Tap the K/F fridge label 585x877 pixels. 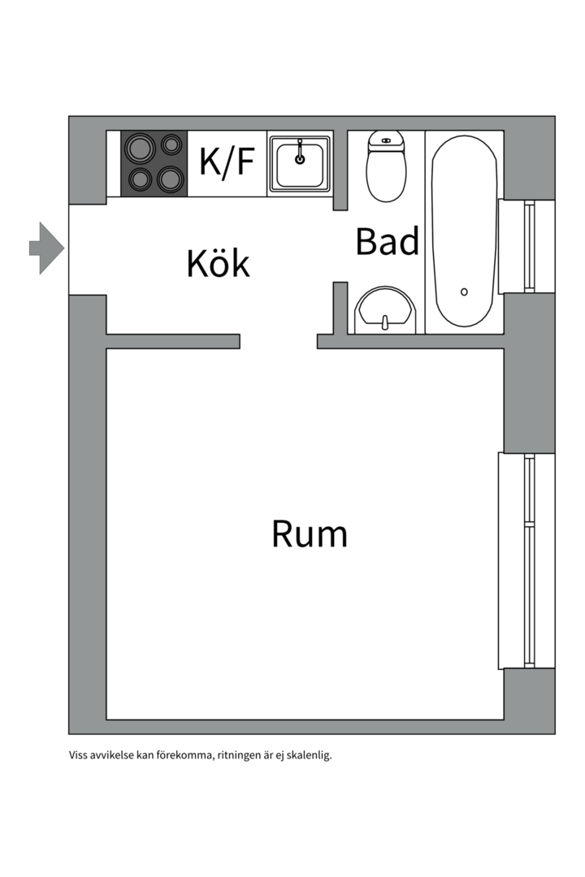(227, 162)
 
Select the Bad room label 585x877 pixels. (387, 241)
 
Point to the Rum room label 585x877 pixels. (309, 534)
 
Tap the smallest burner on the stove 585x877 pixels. (171, 145)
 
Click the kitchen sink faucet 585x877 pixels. (300, 152)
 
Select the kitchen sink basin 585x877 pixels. (300, 163)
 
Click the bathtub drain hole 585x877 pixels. (464, 292)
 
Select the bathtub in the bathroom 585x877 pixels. (464, 231)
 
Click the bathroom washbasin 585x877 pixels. (385, 310)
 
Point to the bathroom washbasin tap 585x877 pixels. (384, 322)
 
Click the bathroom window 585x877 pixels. (526, 247)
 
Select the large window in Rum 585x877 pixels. (526, 560)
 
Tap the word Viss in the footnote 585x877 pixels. (78, 755)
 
